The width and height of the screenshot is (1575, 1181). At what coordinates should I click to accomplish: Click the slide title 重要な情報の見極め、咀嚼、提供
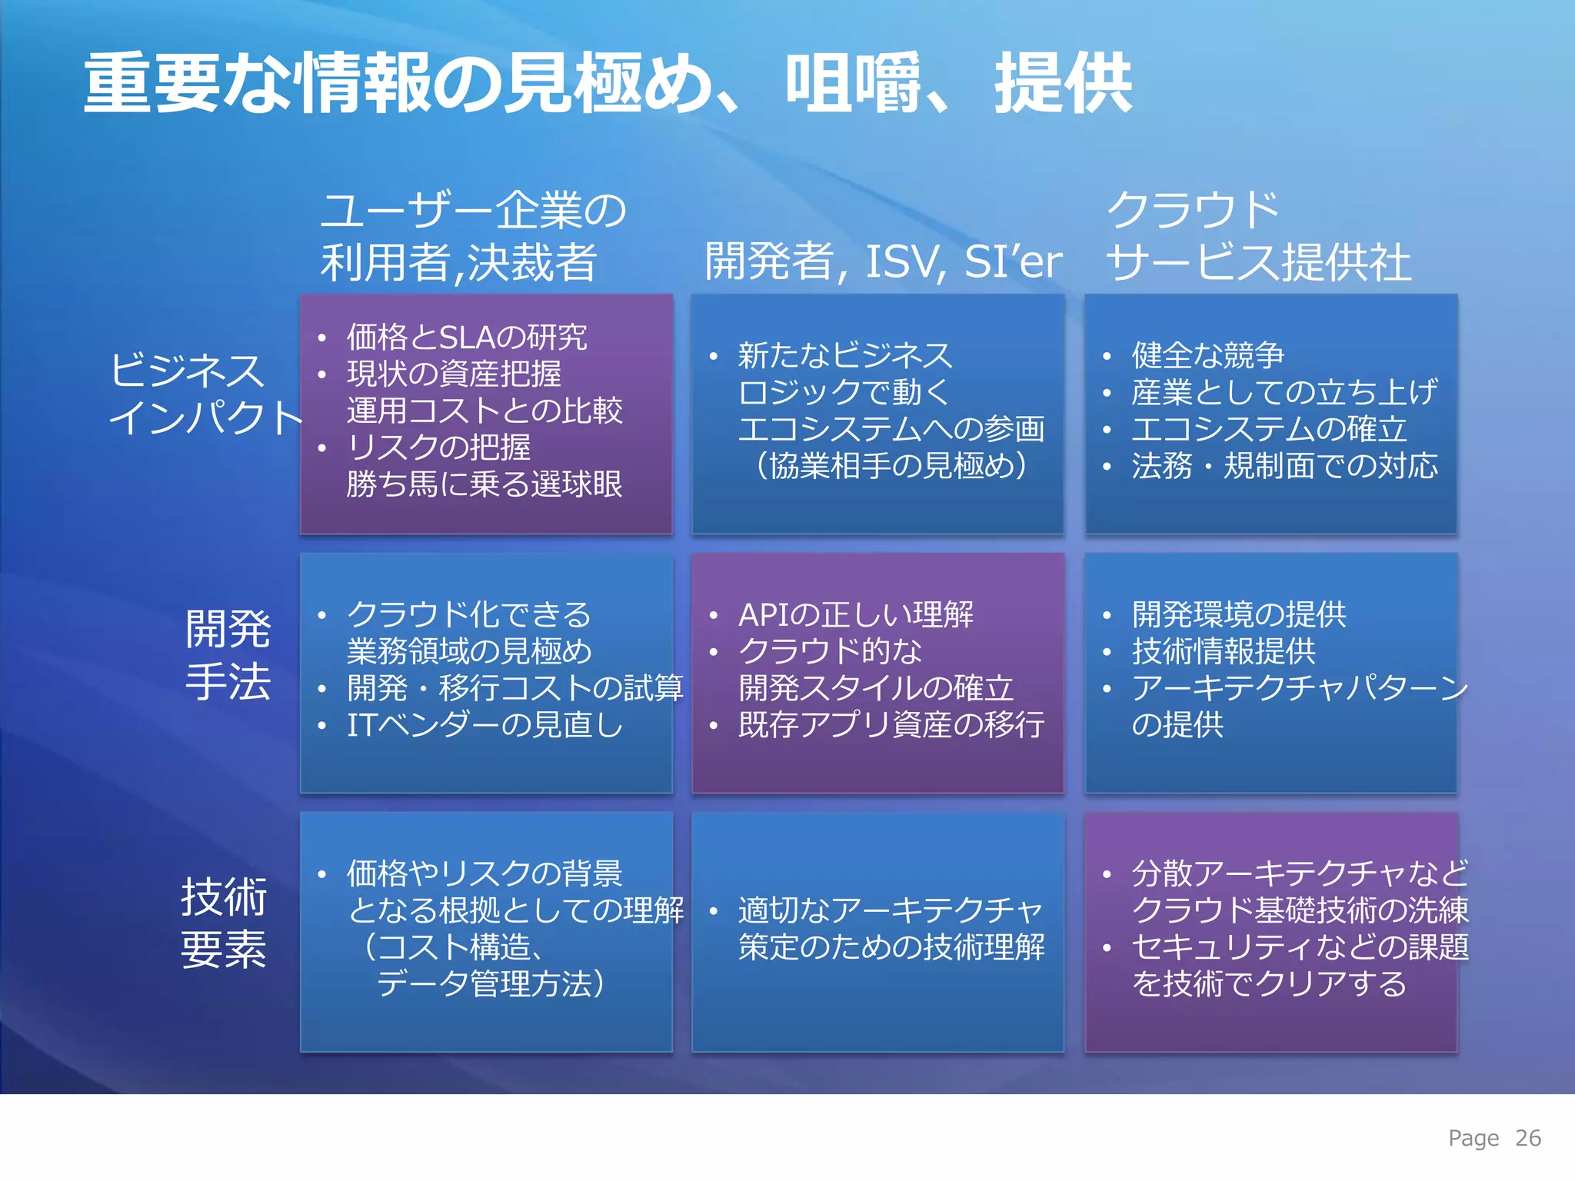(608, 83)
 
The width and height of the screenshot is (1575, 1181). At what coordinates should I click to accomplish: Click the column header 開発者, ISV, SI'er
(883, 261)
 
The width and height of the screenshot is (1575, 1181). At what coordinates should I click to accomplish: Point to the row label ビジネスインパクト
(205, 394)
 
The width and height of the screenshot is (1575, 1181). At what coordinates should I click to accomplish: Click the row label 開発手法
(228, 655)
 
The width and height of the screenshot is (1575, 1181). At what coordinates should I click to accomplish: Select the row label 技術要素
(223, 923)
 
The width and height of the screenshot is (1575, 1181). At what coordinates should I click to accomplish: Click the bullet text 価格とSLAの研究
(467, 337)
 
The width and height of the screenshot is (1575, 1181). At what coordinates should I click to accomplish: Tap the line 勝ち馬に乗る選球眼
(484, 484)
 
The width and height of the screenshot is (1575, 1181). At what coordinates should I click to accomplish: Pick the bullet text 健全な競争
(1207, 355)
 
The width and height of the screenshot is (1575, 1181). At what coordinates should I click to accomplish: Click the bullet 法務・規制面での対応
(1284, 466)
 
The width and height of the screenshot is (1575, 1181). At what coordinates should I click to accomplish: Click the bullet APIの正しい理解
(855, 614)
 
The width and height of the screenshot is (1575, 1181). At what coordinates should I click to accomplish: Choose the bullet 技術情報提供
(1223, 651)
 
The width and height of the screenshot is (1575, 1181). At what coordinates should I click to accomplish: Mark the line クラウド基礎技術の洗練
(1300, 910)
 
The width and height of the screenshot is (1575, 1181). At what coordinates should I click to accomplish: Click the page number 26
(1527, 1138)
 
